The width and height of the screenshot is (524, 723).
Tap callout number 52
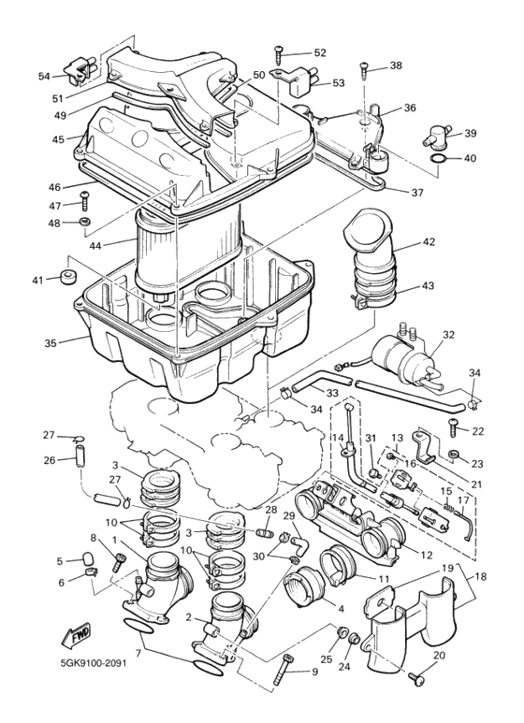pyautogui.click(x=320, y=53)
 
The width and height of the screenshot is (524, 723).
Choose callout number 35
pyautogui.click(x=51, y=342)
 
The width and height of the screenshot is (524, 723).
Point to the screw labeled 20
pyautogui.click(x=417, y=673)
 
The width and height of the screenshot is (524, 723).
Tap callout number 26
pyautogui.click(x=50, y=459)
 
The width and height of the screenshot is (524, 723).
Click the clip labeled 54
pyautogui.click(x=80, y=68)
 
